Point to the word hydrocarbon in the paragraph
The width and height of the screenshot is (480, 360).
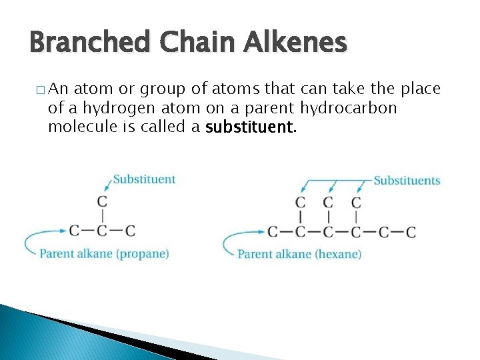pyautogui.click(x=349, y=108)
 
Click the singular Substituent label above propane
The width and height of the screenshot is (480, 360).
pyautogui.click(x=144, y=179)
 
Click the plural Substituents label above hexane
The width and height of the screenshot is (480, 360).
pyautogui.click(x=407, y=181)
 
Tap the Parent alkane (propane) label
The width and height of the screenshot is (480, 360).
pyautogui.click(x=104, y=253)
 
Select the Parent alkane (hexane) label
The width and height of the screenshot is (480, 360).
pyautogui.click(x=299, y=254)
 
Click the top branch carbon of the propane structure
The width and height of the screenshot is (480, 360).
pyautogui.click(x=102, y=201)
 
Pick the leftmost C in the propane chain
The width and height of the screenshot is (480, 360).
pyautogui.click(x=74, y=231)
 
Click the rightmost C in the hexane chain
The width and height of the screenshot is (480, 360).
pyautogui.click(x=411, y=232)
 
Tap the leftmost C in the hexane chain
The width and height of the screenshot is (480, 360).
pyautogui.click(x=272, y=232)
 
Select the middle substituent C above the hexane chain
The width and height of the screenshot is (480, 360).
pyautogui.click(x=328, y=202)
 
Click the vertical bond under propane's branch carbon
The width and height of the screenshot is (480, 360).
pyautogui.click(x=102, y=215)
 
